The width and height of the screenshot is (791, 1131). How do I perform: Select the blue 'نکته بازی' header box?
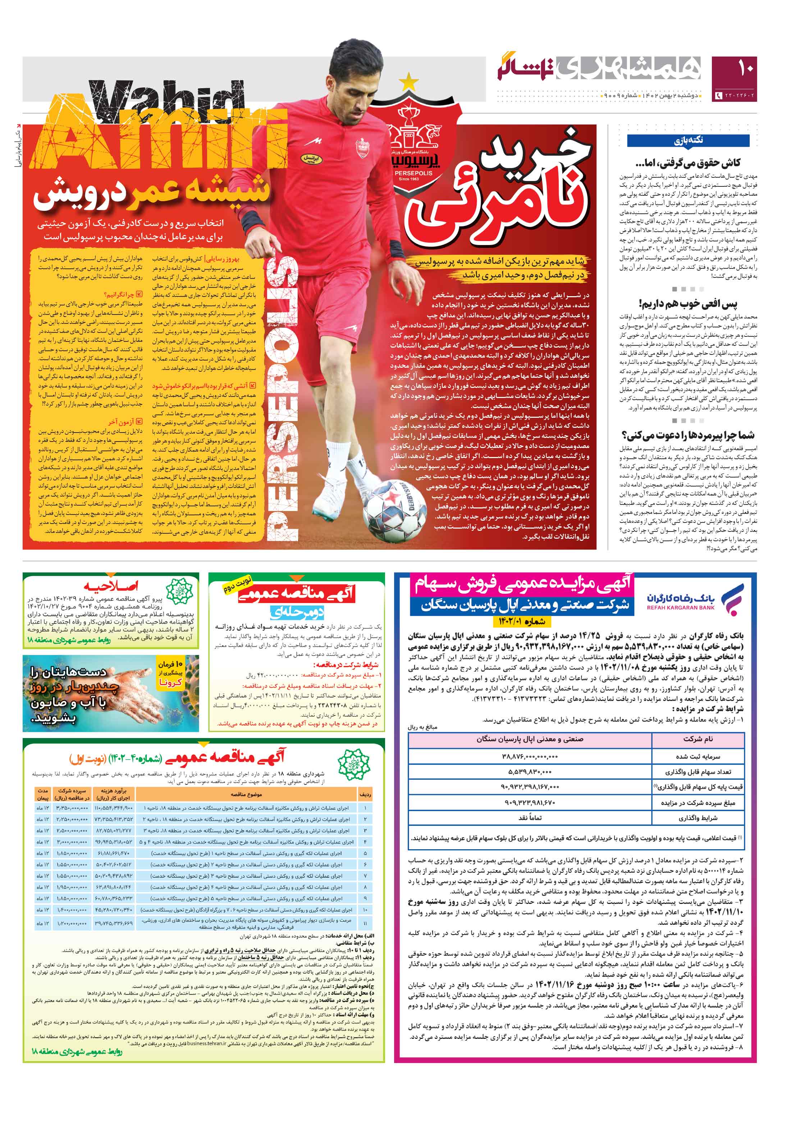[688, 141]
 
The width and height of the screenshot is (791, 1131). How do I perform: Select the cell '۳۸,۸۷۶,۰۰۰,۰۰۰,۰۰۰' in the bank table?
[530, 756]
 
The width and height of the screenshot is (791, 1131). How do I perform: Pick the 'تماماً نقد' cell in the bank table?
[530, 818]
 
